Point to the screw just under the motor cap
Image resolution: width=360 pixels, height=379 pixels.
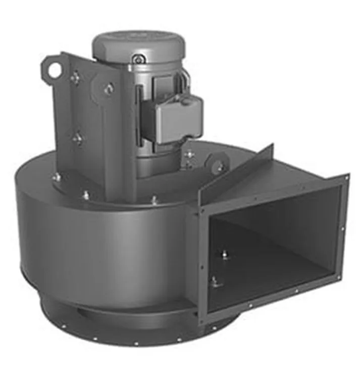coord(137,60)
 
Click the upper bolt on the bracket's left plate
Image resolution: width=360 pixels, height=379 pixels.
coord(75,78)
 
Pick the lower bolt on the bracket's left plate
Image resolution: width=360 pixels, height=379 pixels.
coord(77,138)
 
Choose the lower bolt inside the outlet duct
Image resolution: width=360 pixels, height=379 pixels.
coord(216,281)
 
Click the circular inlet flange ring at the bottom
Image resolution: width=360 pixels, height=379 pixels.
coord(126,326)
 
